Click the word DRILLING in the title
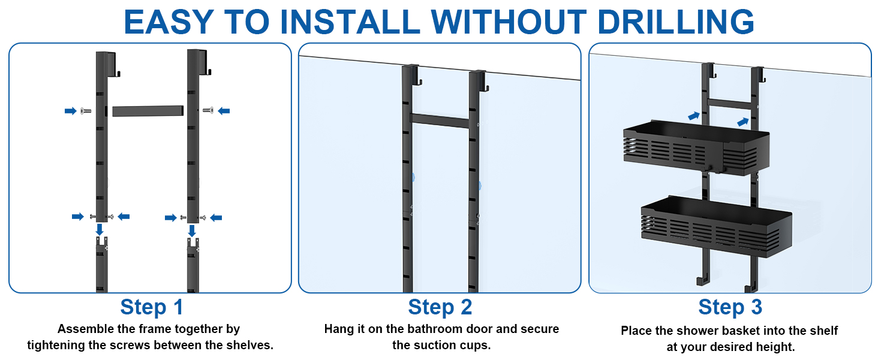pos(676,22)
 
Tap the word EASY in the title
pos(169,22)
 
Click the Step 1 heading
pos(152,307)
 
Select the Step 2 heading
pos(440,307)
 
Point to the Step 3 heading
pos(730,307)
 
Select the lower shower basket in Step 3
pos(717,227)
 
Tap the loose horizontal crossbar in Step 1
pos(148,110)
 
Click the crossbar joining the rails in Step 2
pos(440,121)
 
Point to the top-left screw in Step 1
pos(85,111)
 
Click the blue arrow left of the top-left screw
pos(71,111)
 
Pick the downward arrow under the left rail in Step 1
pos(100,229)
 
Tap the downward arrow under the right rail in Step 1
pos(192,230)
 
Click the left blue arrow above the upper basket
pos(694,116)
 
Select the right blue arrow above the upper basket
pos(743,122)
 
